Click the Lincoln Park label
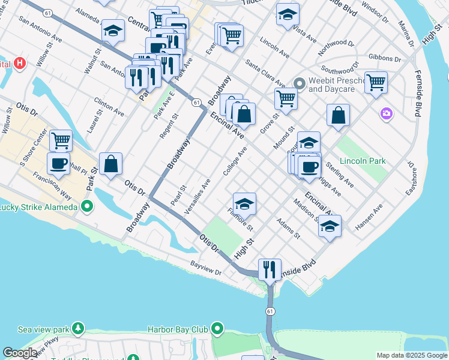362,161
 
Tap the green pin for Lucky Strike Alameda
88,207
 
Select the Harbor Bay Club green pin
217,329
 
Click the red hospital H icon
20,63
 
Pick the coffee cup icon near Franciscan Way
59,163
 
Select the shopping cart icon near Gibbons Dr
376,82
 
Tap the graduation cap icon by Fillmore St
244,204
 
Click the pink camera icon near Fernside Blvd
387,113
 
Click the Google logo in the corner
20,353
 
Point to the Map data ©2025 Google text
412,355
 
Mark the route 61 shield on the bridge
271,311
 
